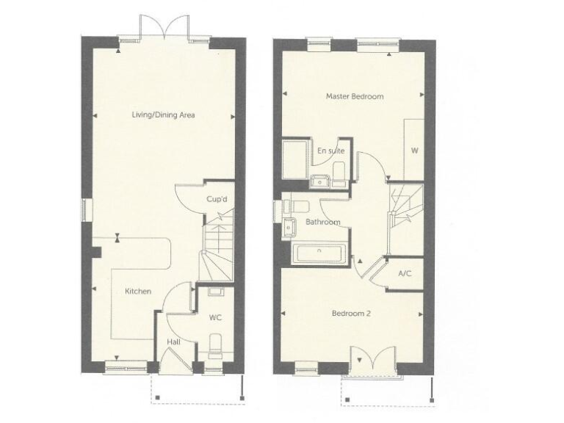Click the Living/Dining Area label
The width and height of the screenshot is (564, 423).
point(163,115)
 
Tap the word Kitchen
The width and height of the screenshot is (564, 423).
point(138,292)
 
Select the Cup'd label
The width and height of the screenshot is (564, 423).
point(215,199)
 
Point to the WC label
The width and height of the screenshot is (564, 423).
point(215,318)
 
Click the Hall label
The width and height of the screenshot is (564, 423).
point(173,342)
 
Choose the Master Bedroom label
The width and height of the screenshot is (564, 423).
point(355,96)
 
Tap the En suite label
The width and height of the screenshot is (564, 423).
point(330,151)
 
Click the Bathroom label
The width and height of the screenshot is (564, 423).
point(323,222)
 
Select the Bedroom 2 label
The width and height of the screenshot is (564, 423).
point(351,314)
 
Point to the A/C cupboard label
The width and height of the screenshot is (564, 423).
point(404,273)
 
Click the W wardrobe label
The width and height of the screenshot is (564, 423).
point(414,152)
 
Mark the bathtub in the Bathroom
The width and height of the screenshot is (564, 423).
point(322,254)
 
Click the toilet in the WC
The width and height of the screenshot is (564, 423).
point(215,343)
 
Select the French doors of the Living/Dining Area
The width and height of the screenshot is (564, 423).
point(164,28)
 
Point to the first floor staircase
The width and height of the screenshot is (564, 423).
point(405,207)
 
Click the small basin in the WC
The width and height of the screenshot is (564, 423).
point(215,293)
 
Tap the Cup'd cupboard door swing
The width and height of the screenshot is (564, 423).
point(188,196)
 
